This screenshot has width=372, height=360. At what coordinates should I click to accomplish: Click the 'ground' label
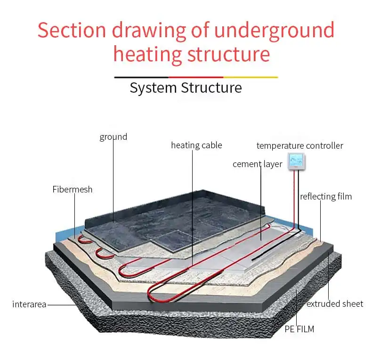coord(113,137)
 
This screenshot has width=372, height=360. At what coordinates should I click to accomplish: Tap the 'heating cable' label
coord(196,145)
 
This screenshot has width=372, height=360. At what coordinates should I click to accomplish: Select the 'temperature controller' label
coord(299,145)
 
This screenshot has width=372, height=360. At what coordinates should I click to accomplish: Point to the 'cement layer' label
coord(257,164)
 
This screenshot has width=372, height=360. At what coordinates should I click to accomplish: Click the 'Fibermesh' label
coord(72,190)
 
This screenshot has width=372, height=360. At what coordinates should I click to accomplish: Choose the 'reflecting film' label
coord(325,196)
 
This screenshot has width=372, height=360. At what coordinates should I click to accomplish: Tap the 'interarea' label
coord(29,304)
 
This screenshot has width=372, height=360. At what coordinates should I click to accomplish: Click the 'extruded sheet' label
coord(334,304)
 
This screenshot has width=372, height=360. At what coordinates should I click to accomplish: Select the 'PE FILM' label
coord(299,329)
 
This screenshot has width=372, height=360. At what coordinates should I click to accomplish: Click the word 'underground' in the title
coord(274,30)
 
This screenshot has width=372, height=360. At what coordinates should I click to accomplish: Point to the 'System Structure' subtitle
coord(186,88)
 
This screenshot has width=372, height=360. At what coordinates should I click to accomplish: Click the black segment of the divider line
coord(141,77)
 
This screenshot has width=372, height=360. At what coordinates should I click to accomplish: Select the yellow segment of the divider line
coord(251,77)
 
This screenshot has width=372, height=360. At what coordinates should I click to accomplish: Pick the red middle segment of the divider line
coord(195,77)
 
